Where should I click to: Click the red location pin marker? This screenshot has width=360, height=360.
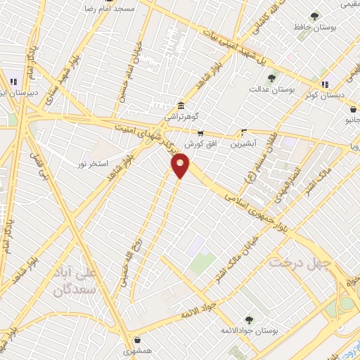[x=181, y=166]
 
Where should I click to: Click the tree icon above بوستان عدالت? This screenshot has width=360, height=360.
[x=271, y=78]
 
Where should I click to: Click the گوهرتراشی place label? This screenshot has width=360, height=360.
[x=181, y=116]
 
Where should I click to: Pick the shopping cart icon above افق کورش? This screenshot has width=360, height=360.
[x=200, y=133]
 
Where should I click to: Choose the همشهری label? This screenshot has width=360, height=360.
[x=137, y=349]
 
